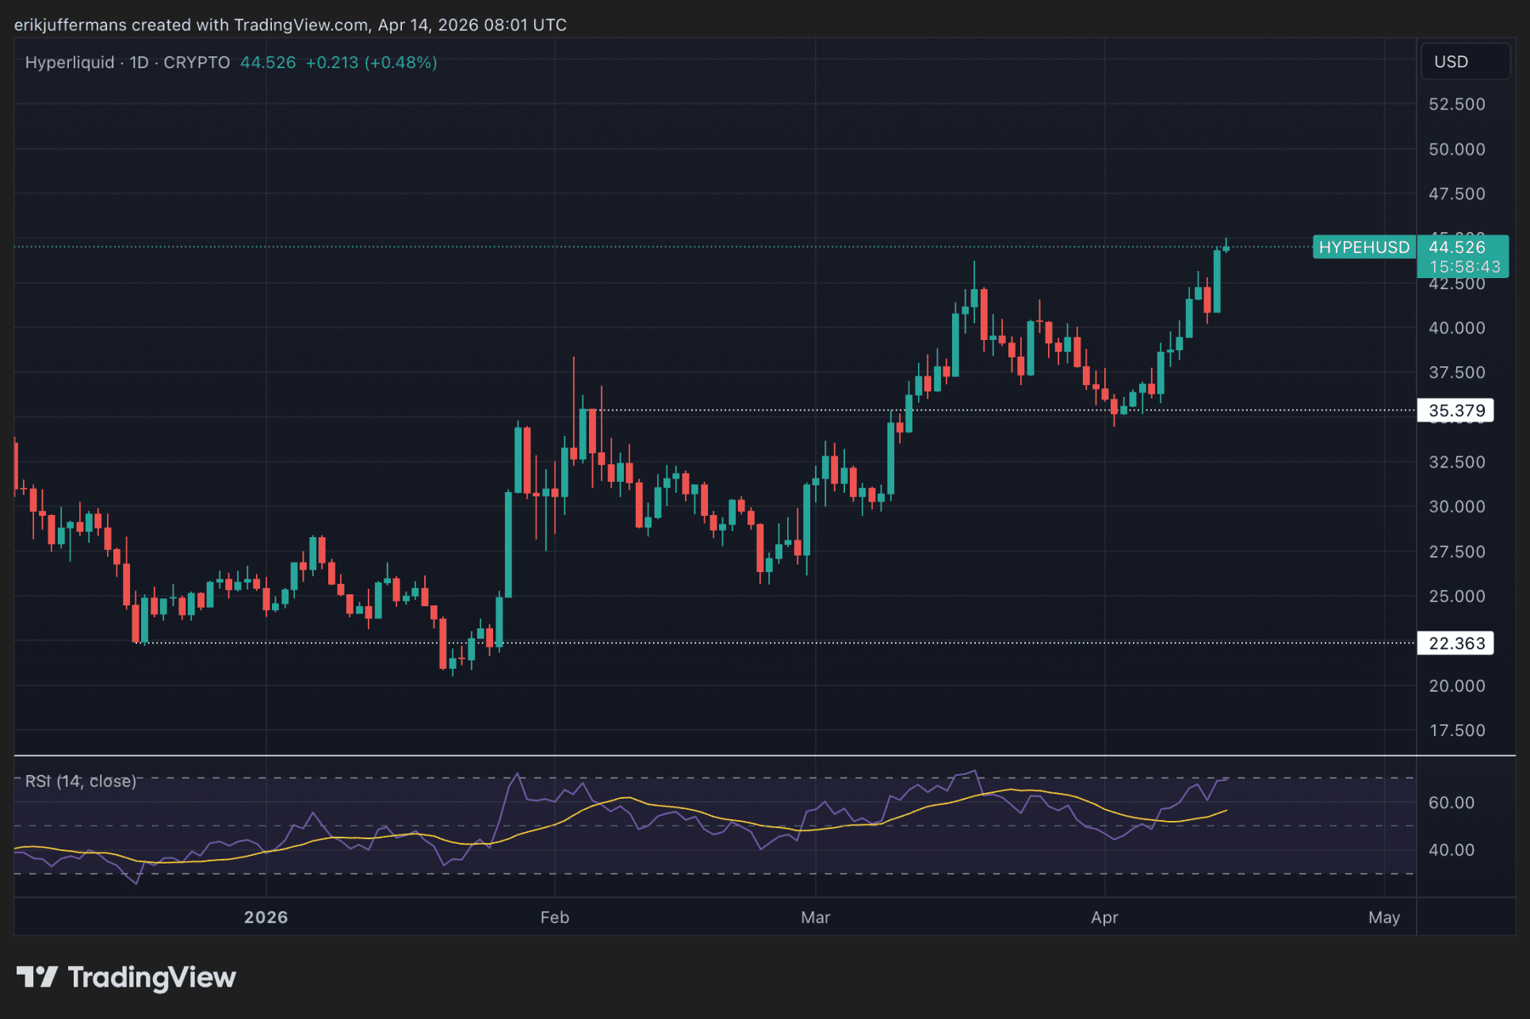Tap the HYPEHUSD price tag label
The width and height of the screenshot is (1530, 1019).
click(x=1364, y=247)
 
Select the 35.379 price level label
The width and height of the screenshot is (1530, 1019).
click(x=1455, y=410)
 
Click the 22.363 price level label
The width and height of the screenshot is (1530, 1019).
click(x=1455, y=643)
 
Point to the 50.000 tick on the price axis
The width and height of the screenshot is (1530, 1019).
click(x=1456, y=149)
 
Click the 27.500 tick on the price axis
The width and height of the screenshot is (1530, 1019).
click(x=1456, y=551)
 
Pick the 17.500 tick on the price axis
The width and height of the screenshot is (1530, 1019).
click(x=1456, y=731)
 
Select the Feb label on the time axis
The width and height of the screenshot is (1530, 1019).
click(x=554, y=918)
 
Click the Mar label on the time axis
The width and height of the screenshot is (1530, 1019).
click(x=815, y=918)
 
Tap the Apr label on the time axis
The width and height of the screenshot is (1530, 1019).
click(x=1104, y=918)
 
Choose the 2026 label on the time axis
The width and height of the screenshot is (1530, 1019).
click(x=266, y=918)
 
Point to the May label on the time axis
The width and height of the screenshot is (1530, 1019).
click(x=1383, y=918)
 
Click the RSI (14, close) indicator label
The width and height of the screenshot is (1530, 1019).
click(x=80, y=781)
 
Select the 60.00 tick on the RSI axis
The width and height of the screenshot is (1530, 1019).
click(x=1451, y=803)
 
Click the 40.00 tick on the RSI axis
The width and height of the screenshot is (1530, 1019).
click(x=1451, y=850)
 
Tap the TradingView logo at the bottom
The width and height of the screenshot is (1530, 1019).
click(x=127, y=978)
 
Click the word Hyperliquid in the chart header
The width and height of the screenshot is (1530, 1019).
click(x=70, y=63)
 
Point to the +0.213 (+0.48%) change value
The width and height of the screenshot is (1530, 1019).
click(x=371, y=63)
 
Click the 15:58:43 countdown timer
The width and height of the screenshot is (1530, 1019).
click(x=1464, y=267)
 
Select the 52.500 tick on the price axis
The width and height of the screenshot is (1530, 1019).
click(x=1456, y=105)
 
